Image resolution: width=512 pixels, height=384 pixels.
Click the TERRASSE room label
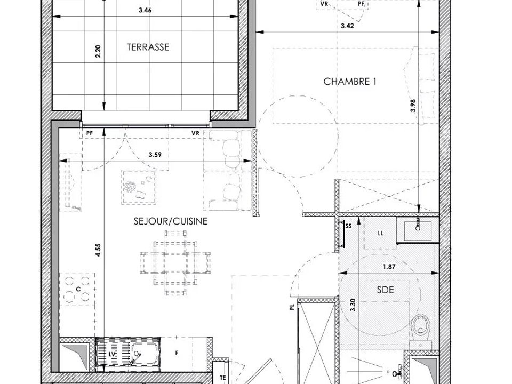pyautogui.click(x=148, y=47)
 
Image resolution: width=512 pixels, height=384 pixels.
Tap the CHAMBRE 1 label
pyautogui.click(x=350, y=81)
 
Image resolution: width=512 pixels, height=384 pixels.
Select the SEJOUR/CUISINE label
pyautogui.click(x=171, y=221)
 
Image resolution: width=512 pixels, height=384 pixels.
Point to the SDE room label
pyautogui.click(x=385, y=290)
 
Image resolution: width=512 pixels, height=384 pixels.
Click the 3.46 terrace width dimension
pyautogui.click(x=145, y=10)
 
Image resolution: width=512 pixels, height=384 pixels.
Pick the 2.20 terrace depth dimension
pyautogui.click(x=98, y=51)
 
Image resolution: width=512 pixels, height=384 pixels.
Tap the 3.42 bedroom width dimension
pyautogui.click(x=347, y=26)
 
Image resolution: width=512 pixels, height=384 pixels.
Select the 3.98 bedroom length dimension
pyautogui.click(x=413, y=106)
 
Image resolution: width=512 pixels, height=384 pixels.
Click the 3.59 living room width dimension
pyautogui.click(x=155, y=155)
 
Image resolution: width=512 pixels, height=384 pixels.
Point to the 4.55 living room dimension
pyautogui.click(x=98, y=250)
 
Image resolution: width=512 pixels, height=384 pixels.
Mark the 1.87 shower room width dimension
pyautogui.click(x=389, y=267)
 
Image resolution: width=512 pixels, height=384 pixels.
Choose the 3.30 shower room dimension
pyautogui.click(x=353, y=305)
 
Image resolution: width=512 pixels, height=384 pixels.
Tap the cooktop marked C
pyautogui.click(x=77, y=289)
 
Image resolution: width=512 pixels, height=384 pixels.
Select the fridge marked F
pyautogui.click(x=177, y=353)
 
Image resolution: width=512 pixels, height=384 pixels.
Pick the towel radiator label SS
pyautogui.click(x=348, y=226)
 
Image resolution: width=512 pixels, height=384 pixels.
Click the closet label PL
pyautogui.click(x=292, y=307)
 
